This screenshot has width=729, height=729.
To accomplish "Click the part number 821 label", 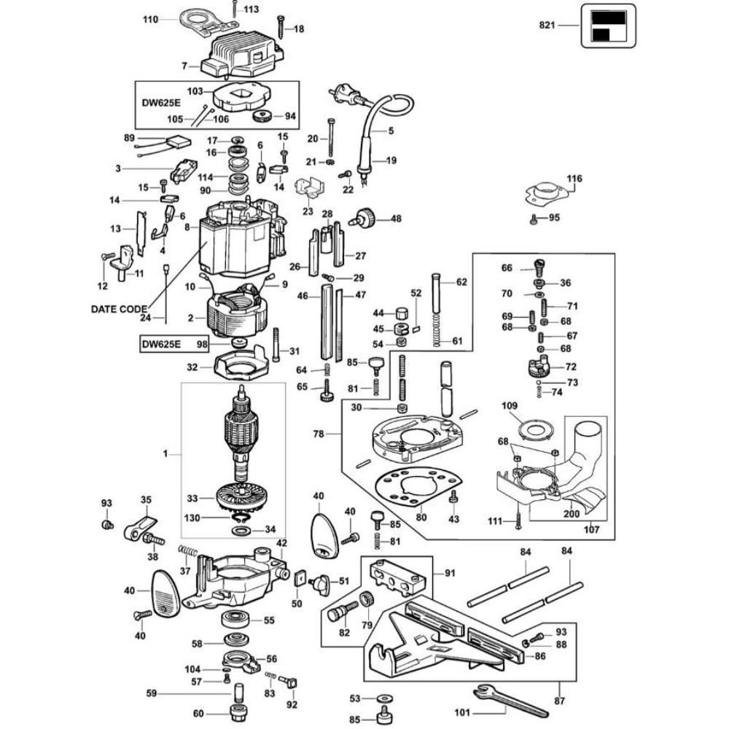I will [x=548, y=26].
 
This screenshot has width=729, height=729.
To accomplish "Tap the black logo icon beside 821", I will [x=607, y=26].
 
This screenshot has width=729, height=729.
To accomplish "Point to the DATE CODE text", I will [x=119, y=308].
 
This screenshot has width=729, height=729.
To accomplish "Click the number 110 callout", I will [x=150, y=20].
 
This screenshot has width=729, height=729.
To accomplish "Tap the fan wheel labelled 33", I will [x=241, y=500].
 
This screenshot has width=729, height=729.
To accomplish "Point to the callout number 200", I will [x=571, y=514].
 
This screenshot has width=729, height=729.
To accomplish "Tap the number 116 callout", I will [x=575, y=179].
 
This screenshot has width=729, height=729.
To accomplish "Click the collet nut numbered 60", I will [x=237, y=713].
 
